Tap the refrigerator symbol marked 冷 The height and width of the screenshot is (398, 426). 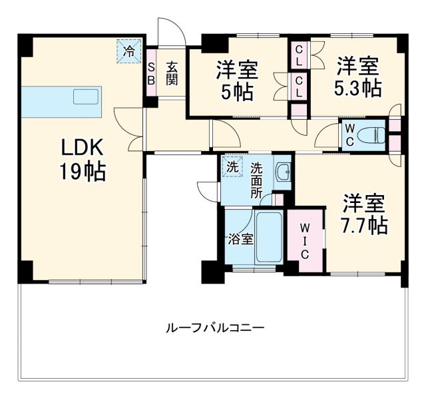[x=130, y=51]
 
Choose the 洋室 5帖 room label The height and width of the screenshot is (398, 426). [x=237, y=80]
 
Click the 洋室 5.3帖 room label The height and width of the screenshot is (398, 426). [x=357, y=77]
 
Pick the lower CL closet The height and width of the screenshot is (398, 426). [x=300, y=85]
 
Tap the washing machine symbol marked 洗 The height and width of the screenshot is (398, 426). [x=232, y=167]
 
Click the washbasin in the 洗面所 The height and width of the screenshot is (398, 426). [x=283, y=172]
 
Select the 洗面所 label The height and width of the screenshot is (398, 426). [x=256, y=180]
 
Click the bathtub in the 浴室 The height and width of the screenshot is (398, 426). [x=270, y=239]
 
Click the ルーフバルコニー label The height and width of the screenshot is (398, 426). [x=214, y=328]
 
